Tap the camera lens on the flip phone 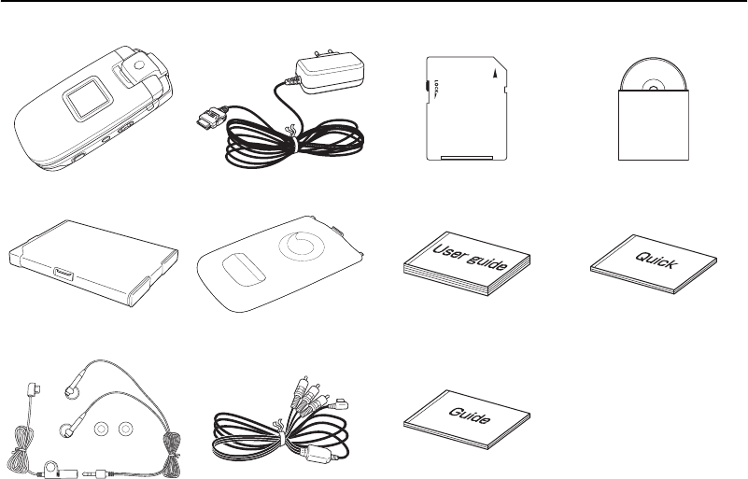click(x=137, y=67)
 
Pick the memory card click(x=466, y=106)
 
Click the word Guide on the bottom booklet click(x=471, y=413)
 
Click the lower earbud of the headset click(x=66, y=430)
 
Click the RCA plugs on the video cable click(x=317, y=391)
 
